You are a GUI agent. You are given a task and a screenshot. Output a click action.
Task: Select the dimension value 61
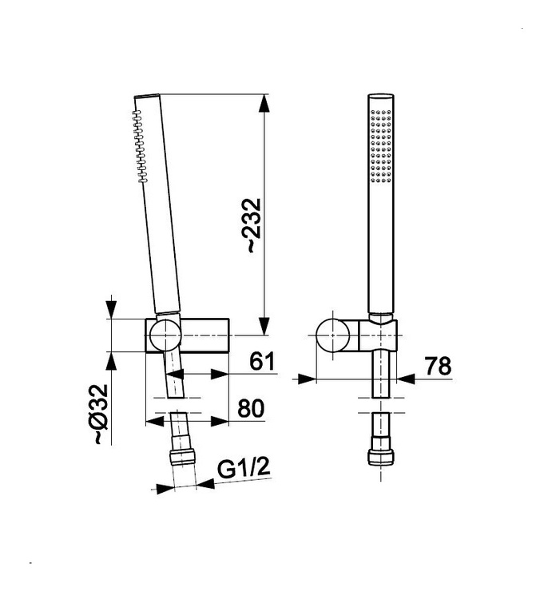coord(262,362)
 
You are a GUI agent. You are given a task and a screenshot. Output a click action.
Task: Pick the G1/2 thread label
coord(244,469)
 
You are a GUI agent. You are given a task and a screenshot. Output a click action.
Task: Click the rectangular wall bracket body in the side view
coord(206,334)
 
